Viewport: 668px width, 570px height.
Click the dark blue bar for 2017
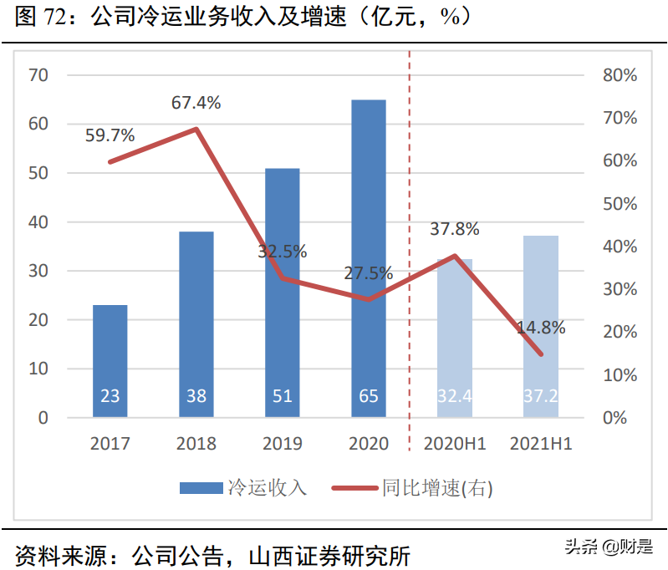pos(110,361)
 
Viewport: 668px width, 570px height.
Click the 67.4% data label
pos(196,103)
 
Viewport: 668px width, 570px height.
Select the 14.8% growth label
pos(541,328)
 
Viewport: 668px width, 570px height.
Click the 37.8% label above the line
pos(455,229)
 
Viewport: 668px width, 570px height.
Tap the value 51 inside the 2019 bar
pos(283,396)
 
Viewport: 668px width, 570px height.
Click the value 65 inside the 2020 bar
pos(369,396)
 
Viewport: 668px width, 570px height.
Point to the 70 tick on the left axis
pos(38,75)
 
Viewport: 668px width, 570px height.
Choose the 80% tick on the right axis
pos(620,75)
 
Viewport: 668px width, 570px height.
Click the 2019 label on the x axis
pos(283,444)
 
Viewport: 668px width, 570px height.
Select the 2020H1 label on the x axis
pos(455,444)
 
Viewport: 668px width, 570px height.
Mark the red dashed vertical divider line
pos(410,251)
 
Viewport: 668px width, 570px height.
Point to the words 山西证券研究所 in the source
pos(335,555)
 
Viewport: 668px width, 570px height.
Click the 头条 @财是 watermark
pos(608,547)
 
